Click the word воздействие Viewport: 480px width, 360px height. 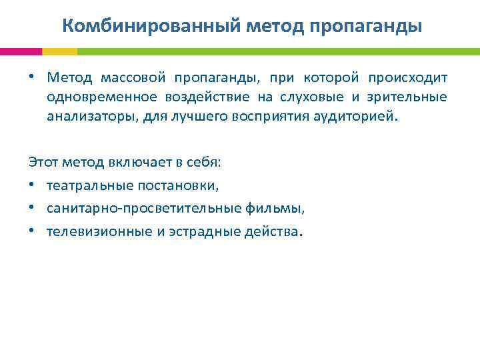(210, 97)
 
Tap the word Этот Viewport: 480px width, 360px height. (41, 162)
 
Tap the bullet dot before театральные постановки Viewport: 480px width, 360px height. (32, 186)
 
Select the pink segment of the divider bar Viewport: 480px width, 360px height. (21, 51)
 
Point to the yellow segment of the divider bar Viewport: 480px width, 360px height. (59, 51)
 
